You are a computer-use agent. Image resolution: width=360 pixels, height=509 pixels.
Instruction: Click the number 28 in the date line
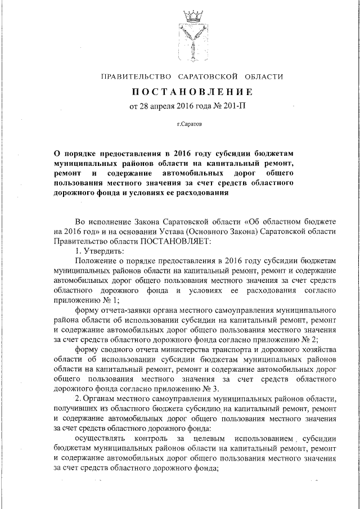143,105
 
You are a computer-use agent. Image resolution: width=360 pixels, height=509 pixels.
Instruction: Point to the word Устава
163,232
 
